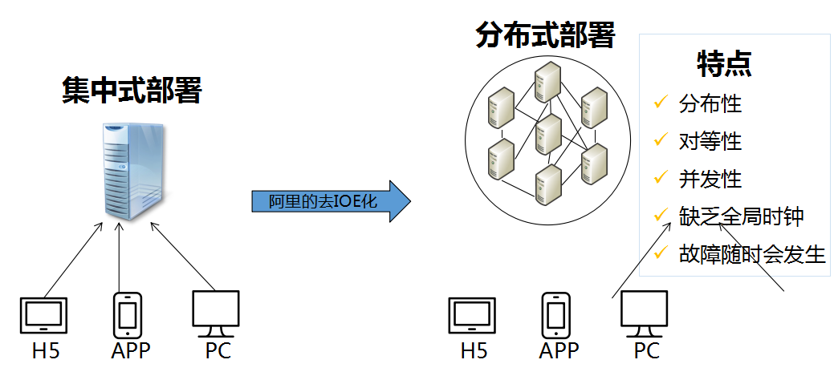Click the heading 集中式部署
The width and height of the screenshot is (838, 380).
pos(132,91)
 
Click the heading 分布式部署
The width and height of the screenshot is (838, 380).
pos(545,35)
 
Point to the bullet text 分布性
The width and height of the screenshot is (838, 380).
pos(710,103)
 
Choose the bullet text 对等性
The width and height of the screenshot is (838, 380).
pos(710,141)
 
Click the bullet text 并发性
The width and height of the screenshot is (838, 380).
pos(710,179)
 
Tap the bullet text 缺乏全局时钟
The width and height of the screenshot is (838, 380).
pos(740,216)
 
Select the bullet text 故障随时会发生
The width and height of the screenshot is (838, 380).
pos(751,254)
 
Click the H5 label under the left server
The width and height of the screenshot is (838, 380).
pos(47,350)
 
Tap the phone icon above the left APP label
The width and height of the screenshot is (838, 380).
pos(128,315)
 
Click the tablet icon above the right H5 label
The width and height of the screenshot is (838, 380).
pos(473,315)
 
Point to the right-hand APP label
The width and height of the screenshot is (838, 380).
pos(559,350)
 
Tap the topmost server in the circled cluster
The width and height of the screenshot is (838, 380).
pos(547,79)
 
